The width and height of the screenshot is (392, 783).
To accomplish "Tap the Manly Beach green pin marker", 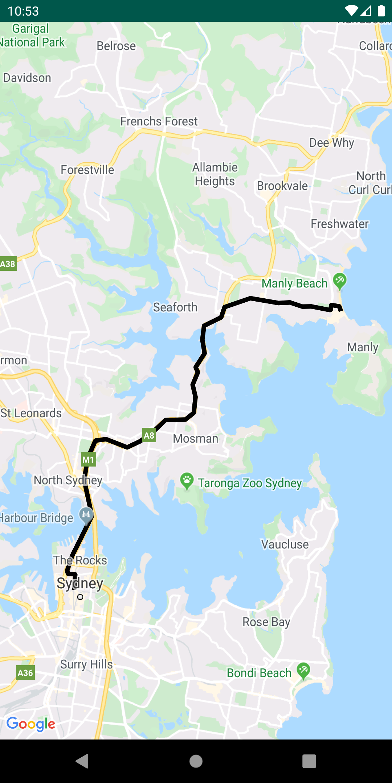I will point(340,281).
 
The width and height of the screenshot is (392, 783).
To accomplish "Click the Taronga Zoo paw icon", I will point(187,481).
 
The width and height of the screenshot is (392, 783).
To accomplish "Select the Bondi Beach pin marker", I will point(303,670).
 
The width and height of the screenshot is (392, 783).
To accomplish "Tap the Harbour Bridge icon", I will point(86,515).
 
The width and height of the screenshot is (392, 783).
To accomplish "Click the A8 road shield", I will point(149,435).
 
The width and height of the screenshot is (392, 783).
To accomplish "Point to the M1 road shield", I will point(88,460).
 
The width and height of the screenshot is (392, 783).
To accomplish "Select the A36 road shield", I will point(25,673).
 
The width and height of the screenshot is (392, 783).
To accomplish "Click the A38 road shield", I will point(8,264).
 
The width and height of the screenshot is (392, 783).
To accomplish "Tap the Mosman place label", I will point(196,439).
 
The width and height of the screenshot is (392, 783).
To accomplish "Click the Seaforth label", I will point(175,307).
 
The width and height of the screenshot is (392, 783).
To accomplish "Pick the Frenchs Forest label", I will point(159,121).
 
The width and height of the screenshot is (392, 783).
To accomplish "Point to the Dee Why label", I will point(331,143).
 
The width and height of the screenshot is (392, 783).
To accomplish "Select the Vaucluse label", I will point(285,544).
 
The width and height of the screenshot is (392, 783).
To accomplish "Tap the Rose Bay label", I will point(266,622).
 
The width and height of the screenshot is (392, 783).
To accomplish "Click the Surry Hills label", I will point(86,664).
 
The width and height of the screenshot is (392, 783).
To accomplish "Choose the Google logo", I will point(31,724).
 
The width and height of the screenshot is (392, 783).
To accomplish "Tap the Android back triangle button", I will point(82,761).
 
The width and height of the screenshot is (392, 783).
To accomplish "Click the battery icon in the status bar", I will point(381,11).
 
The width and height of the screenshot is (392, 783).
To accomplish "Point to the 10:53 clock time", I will point(23,11).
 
